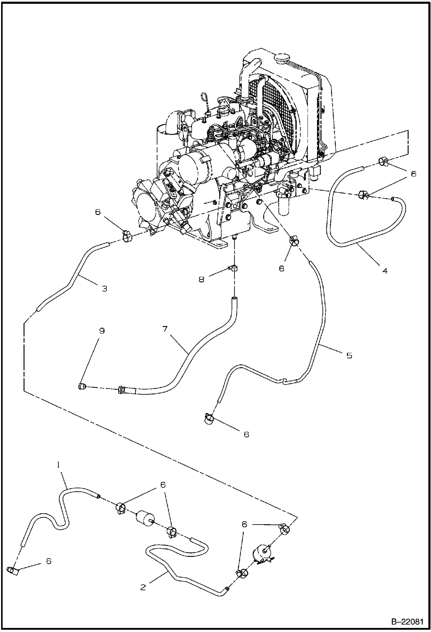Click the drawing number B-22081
click(407, 621)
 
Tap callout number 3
click(104, 288)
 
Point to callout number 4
click(385, 270)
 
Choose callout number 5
click(349, 355)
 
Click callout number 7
click(165, 329)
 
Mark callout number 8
click(201, 279)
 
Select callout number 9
click(102, 331)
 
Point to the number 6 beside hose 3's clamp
click(98, 212)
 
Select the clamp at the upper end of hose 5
click(294, 239)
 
